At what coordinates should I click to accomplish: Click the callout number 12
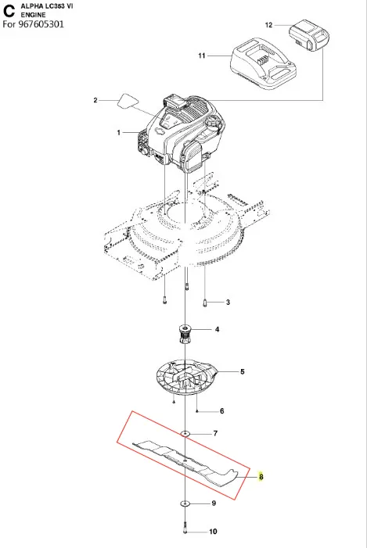[x=268, y=25]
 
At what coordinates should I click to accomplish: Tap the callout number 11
[x=202, y=56]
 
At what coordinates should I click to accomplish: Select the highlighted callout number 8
[x=261, y=476]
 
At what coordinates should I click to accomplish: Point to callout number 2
[x=95, y=100]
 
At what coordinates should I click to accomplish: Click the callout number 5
[x=243, y=371]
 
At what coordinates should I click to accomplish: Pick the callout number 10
[x=213, y=532]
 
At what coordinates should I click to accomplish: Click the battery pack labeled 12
[x=309, y=34]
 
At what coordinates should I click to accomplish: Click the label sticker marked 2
[x=128, y=101]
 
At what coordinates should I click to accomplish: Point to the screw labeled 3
[x=205, y=303]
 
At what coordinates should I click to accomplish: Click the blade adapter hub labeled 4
[x=186, y=334]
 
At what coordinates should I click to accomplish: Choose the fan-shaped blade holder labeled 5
[x=187, y=378]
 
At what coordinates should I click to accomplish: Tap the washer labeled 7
[x=185, y=434]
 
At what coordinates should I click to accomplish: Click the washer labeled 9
[x=185, y=503]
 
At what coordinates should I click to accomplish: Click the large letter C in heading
[x=9, y=11]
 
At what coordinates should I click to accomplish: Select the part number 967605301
[x=41, y=24]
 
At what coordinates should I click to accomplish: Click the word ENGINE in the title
[x=33, y=15]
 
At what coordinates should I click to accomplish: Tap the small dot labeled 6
[x=198, y=411]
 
